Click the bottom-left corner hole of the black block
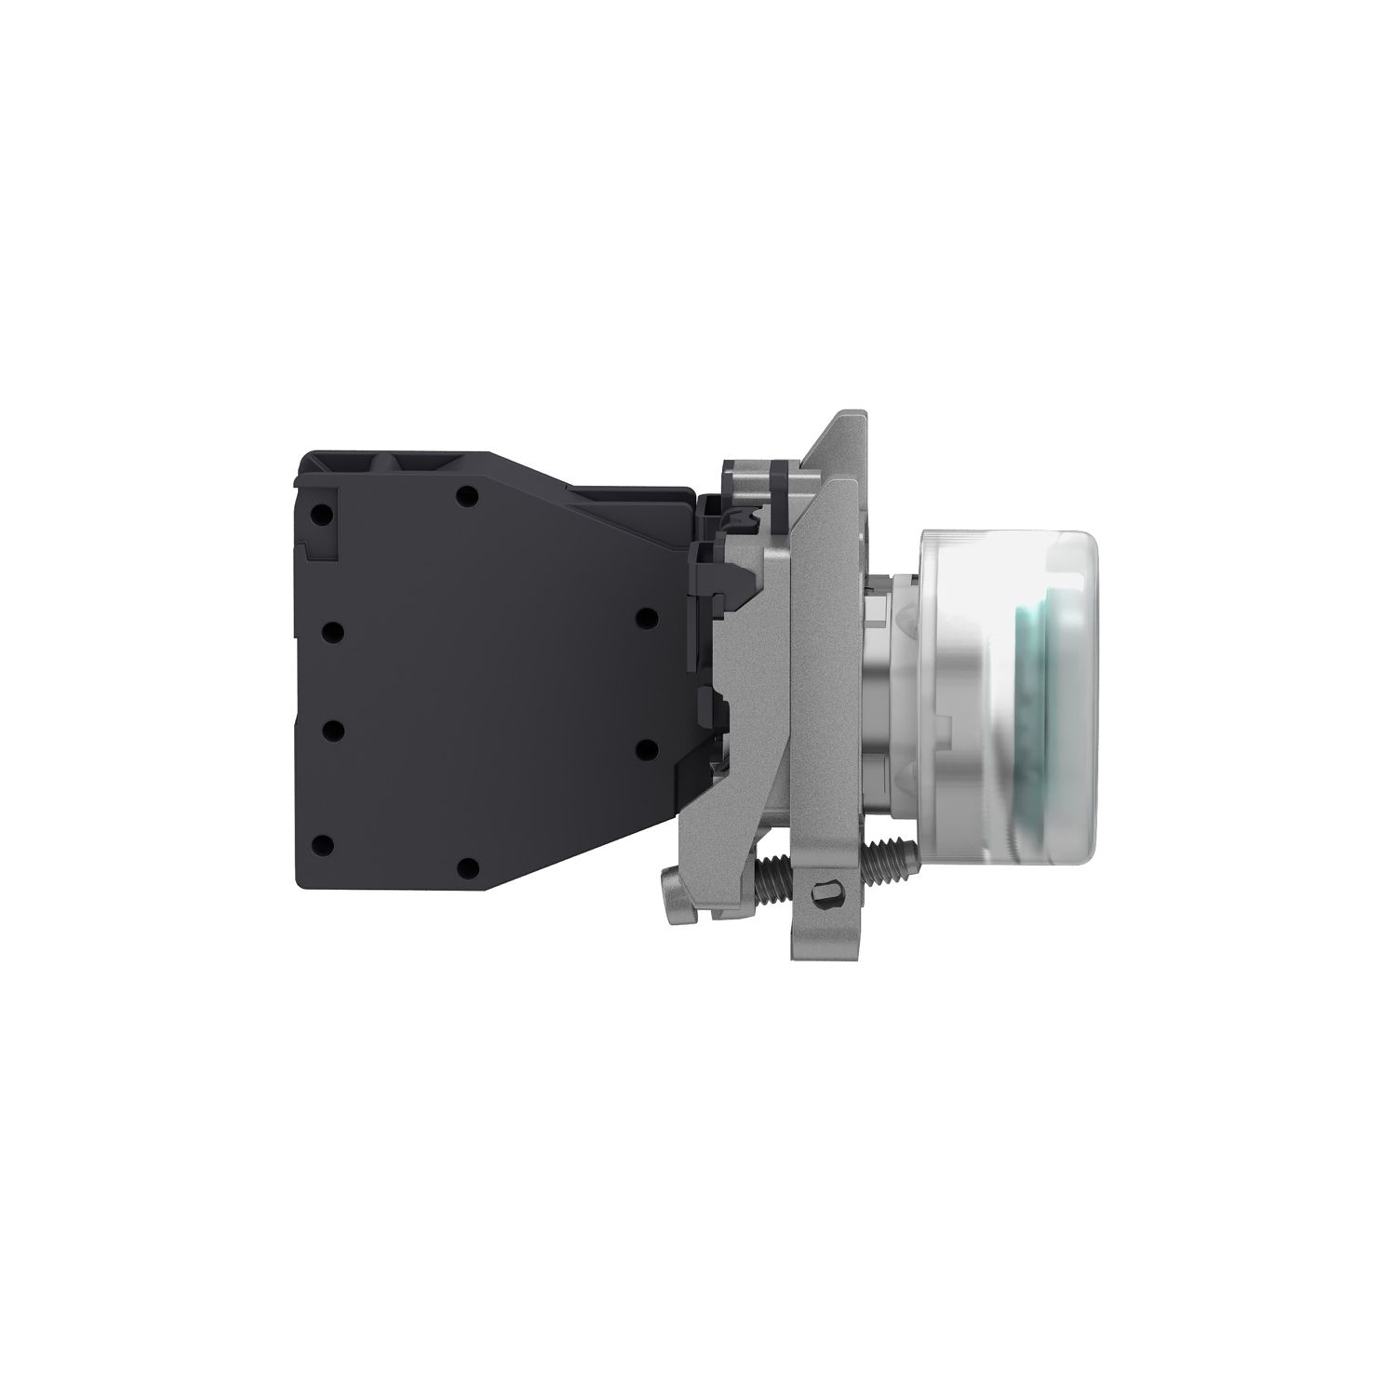pos(323,845)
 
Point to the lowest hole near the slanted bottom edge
pos(469,868)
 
